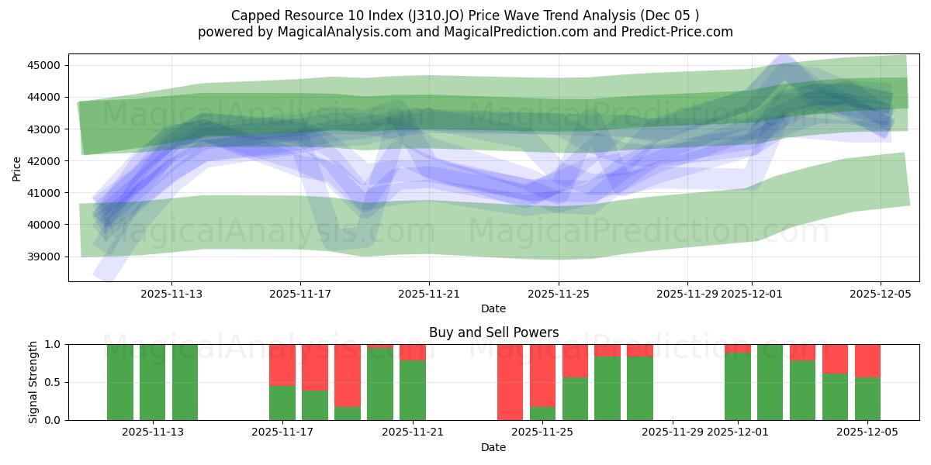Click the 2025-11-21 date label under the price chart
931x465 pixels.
429,294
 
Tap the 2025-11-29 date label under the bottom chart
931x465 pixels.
687,432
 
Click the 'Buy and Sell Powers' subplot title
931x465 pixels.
493,332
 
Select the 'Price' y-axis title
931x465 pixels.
17,167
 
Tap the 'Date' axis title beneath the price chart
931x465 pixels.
493,308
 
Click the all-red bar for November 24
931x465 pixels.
510,382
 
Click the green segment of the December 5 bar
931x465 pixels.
867,399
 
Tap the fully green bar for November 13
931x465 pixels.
185,382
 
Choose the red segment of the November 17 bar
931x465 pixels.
282,364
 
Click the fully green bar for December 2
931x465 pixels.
770,382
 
